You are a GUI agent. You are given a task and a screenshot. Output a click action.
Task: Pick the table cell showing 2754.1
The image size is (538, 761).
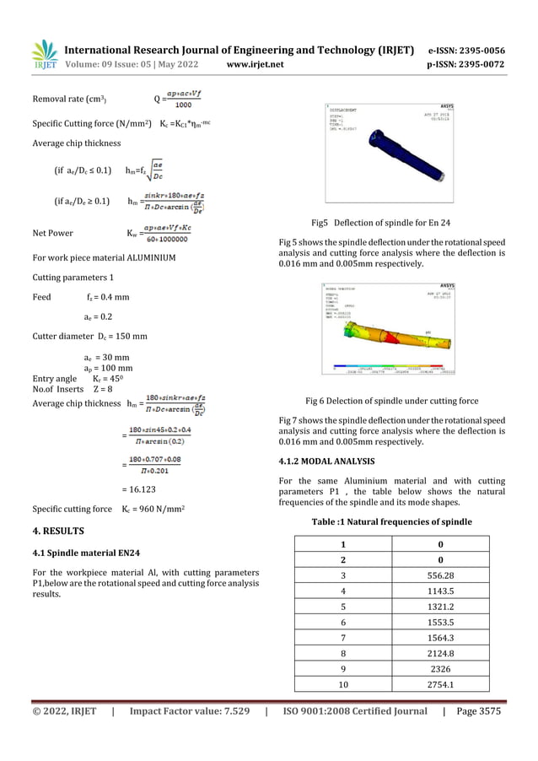440,684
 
